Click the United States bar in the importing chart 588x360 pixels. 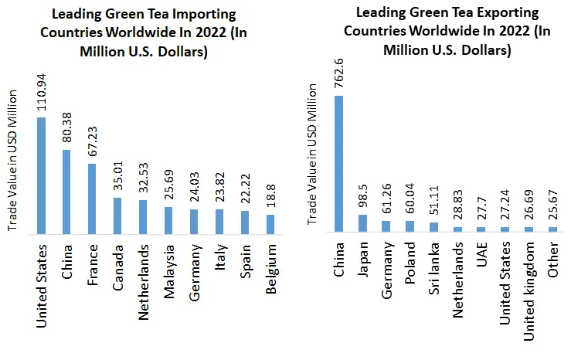coord(42,175)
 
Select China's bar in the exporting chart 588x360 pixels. coord(338,164)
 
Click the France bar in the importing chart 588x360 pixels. coord(92,199)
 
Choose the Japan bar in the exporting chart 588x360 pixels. coord(362,222)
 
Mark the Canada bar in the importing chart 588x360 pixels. coord(117,216)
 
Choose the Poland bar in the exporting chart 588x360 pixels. coord(410,226)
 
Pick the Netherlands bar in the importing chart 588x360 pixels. coord(143,216)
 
